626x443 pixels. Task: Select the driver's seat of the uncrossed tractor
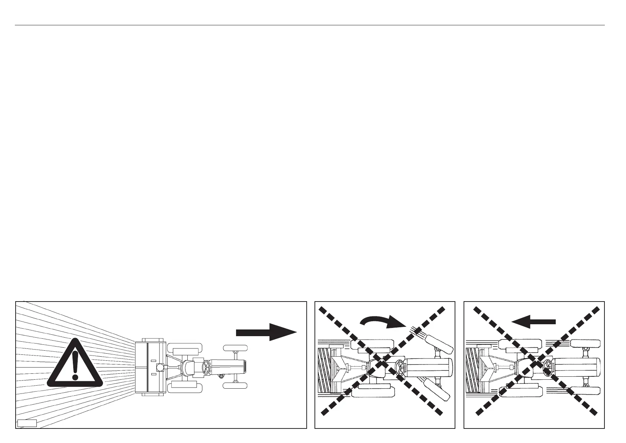tap(187, 367)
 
